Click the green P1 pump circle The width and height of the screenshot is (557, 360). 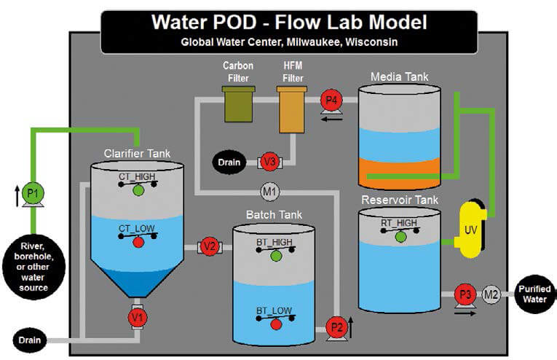tap(31, 194)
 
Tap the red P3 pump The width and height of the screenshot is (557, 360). tap(464, 294)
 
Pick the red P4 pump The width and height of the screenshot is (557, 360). tap(331, 101)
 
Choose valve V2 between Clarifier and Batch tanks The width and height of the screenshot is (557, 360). tap(210, 246)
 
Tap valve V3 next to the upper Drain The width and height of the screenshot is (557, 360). tap(270, 161)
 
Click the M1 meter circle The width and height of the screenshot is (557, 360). tap(270, 192)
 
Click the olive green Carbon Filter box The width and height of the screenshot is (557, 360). tap(238, 104)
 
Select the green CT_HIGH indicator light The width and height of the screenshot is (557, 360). tap(138, 190)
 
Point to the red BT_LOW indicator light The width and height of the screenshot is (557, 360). tap(276, 324)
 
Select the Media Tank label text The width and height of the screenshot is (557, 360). tap(400, 76)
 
